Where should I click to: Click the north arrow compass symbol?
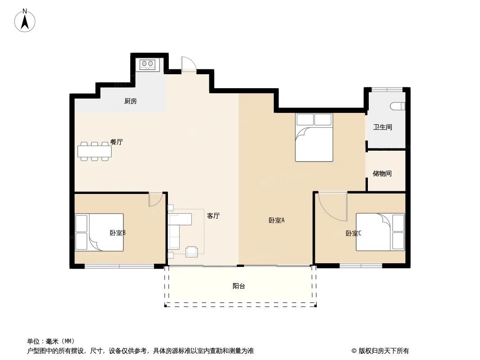coord(26,21)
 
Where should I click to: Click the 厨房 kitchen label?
coord(130,101)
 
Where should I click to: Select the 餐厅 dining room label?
coord(117,142)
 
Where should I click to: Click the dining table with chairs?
coord(95,151)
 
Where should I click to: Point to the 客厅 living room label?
coord(213,216)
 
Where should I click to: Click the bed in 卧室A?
coord(314,137)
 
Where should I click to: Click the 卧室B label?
coord(117,233)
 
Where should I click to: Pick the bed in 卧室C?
coord(380,232)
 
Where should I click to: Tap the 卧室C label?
coord(353,233)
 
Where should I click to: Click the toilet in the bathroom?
coord(398,107)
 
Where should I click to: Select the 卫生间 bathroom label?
coord(382,127)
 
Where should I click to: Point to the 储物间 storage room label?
coord(382,173)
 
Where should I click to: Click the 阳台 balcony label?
coord(239,286)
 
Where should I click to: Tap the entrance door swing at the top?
coord(188,64)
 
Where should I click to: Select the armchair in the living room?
coord(192,252)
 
